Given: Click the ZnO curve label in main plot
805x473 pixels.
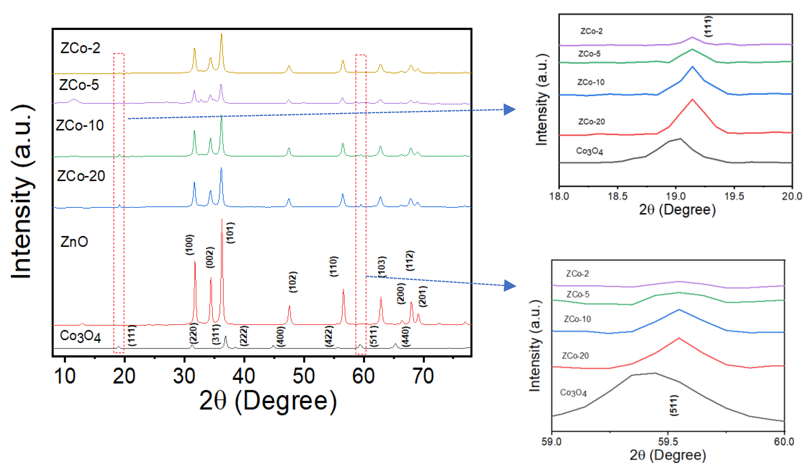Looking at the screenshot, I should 74,242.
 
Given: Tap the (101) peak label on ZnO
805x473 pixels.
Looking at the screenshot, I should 230,233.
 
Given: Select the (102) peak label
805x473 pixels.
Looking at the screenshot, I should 293,282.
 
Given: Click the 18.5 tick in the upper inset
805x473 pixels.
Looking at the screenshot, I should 617,196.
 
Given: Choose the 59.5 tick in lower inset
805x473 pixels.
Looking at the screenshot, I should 668,442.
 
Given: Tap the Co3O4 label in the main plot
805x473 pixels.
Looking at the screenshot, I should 80,336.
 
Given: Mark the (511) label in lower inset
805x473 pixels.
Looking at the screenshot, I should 674,406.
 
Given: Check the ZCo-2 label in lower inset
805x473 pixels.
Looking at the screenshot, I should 577,274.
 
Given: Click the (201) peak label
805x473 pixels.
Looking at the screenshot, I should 423,297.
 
